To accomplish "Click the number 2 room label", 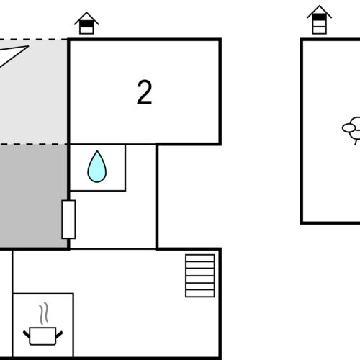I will (144, 93).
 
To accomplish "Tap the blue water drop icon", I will (96, 167).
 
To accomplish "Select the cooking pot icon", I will (43, 335).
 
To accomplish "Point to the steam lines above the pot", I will (45, 314).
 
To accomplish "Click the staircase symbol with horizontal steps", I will (199, 275).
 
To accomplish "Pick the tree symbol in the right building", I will (351, 130).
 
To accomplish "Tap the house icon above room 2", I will (86, 23).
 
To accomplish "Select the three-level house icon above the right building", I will (319, 20).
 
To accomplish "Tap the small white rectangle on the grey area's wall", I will (68, 220).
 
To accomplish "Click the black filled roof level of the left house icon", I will (86, 24).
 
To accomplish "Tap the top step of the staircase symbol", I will (199, 257).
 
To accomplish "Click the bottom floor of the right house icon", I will (319, 30).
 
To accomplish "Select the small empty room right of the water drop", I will (141, 167).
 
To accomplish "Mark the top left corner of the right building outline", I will (302, 40).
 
